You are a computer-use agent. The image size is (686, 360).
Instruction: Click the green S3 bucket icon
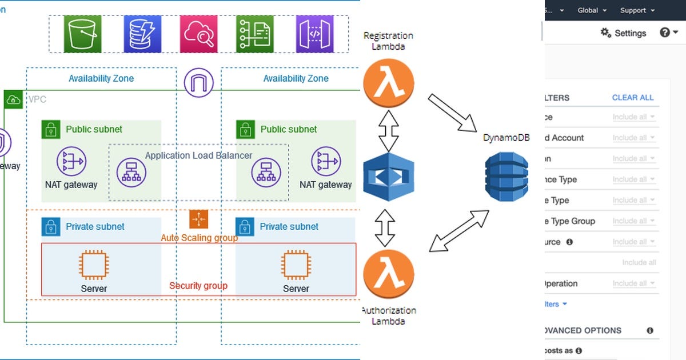click(83, 34)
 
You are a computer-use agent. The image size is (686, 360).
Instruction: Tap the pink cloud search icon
click(198, 34)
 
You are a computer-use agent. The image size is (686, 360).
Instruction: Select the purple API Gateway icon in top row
click(314, 34)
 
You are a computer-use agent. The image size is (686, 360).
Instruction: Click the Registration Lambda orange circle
click(389, 83)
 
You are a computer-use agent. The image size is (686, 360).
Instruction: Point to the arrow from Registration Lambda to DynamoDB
click(452, 112)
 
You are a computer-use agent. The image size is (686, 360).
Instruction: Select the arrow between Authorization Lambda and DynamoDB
click(459, 231)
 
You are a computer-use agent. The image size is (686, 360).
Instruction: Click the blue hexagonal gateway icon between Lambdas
click(389, 177)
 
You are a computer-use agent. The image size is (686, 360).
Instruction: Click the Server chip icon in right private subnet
click(296, 265)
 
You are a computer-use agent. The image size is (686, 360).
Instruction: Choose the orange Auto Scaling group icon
click(198, 219)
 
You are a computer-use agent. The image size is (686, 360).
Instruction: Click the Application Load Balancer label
click(198, 155)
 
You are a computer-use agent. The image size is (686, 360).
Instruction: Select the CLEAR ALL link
click(633, 98)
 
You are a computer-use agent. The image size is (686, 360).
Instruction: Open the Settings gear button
click(623, 33)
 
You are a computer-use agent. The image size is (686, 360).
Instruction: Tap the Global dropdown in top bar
click(591, 10)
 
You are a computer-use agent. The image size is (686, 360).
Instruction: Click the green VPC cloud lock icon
click(14, 100)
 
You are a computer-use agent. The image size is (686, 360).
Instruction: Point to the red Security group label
click(198, 286)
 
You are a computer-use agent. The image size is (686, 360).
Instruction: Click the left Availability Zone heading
click(101, 78)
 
